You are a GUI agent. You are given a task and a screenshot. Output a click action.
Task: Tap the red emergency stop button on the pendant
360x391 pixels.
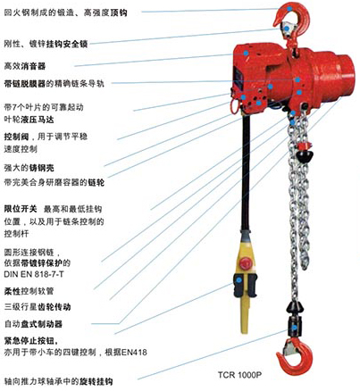tap(246, 262)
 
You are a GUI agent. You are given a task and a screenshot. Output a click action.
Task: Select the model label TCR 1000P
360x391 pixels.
tap(239, 375)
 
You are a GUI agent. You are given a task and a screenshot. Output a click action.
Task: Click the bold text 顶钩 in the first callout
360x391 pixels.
tap(119, 12)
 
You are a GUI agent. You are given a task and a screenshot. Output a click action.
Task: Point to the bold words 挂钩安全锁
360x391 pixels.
tap(67, 44)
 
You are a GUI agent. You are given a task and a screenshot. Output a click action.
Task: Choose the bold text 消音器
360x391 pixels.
tap(33, 66)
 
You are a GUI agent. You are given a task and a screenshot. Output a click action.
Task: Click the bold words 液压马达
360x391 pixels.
tap(38, 120)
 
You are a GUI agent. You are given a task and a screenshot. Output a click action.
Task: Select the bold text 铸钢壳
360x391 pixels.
tap(41, 168)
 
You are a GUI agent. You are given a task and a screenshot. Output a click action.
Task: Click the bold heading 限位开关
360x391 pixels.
tap(21, 209)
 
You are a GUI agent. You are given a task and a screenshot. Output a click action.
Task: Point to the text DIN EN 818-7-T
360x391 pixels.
tap(34, 274)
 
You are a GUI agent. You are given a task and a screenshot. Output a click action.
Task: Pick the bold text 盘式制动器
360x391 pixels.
tap(41, 324)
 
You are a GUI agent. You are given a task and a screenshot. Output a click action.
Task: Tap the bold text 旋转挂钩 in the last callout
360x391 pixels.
tap(96, 381)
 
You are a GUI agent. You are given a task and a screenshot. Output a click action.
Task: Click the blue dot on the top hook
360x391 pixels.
tap(289, 8)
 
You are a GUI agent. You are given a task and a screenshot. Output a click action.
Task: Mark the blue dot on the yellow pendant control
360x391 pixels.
tap(239, 280)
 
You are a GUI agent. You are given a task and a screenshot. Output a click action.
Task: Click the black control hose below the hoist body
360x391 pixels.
tap(245, 172)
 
